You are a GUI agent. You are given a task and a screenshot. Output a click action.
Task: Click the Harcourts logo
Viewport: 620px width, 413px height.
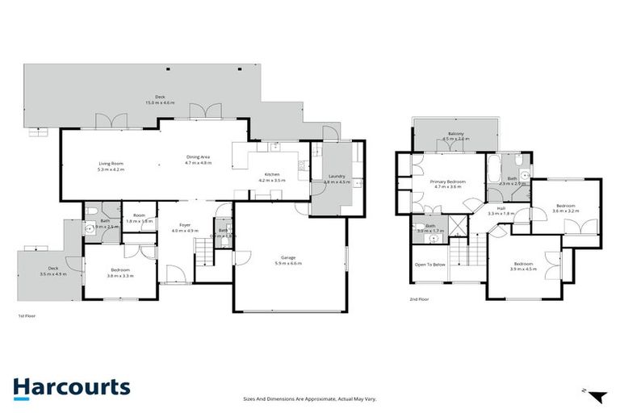[71, 387]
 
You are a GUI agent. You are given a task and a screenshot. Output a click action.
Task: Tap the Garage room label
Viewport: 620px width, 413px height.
[287, 257]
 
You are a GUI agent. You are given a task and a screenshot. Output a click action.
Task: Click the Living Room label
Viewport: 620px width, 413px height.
[111, 164]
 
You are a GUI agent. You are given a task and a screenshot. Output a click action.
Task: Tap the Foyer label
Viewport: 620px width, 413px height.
[185, 225]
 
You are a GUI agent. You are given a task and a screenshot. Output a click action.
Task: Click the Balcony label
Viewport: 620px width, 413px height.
[456, 133]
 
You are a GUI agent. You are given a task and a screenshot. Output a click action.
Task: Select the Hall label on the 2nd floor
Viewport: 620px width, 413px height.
[501, 208]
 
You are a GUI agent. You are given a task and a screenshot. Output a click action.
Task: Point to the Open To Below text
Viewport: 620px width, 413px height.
[430, 264]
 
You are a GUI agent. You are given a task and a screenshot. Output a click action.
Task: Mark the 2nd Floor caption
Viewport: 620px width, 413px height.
[418, 300]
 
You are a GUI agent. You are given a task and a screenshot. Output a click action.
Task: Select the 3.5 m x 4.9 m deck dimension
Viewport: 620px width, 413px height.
[53, 274]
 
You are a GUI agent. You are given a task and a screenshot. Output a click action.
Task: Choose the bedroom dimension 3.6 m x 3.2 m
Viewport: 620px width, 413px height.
[564, 211]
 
